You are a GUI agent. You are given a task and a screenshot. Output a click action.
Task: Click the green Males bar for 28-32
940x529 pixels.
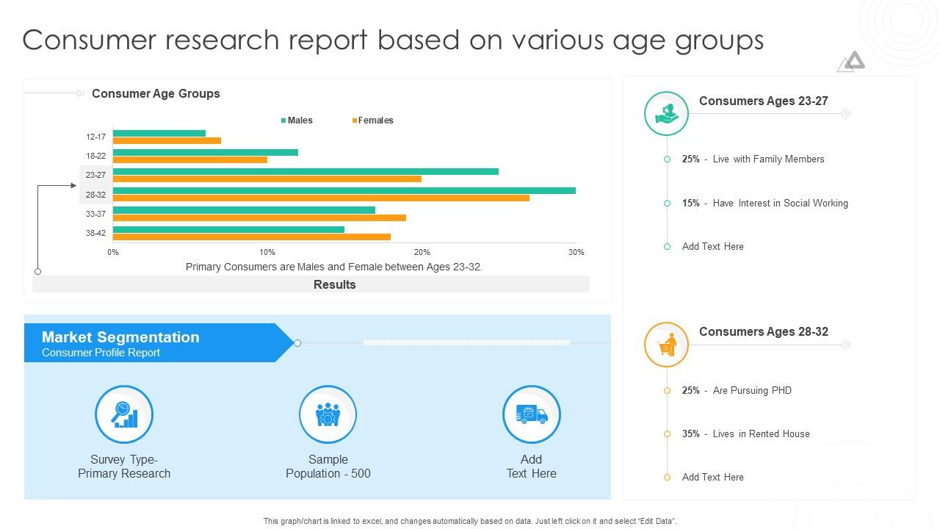(344, 191)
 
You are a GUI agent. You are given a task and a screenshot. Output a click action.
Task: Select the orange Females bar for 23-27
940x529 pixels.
(267, 179)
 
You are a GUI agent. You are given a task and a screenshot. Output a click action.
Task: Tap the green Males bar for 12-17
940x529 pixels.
(159, 133)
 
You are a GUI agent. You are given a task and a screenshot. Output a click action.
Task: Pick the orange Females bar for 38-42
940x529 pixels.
(252, 237)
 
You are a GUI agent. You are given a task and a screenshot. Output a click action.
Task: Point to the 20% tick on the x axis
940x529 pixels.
(422, 252)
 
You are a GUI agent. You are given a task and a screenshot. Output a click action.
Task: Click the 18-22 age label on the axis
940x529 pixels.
(95, 156)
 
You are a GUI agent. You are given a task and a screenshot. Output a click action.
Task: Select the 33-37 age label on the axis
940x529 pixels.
(95, 214)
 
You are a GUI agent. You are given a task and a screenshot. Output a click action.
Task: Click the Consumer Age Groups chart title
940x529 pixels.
(156, 93)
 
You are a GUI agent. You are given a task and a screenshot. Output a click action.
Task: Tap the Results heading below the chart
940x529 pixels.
(334, 284)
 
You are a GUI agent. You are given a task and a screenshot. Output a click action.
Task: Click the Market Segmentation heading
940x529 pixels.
(120, 337)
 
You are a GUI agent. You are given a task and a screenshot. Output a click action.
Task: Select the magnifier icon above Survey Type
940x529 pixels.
(124, 414)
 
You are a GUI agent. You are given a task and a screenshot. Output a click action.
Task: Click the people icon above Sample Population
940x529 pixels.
(328, 414)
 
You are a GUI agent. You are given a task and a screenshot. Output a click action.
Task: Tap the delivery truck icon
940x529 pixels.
(531, 414)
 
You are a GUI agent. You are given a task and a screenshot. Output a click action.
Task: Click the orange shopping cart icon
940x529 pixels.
(666, 345)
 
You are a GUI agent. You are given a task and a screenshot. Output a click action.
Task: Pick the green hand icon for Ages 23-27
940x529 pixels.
(666, 113)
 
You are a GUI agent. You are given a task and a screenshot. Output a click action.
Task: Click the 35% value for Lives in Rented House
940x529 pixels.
(690, 433)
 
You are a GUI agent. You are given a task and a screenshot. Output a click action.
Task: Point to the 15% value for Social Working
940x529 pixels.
(690, 203)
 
